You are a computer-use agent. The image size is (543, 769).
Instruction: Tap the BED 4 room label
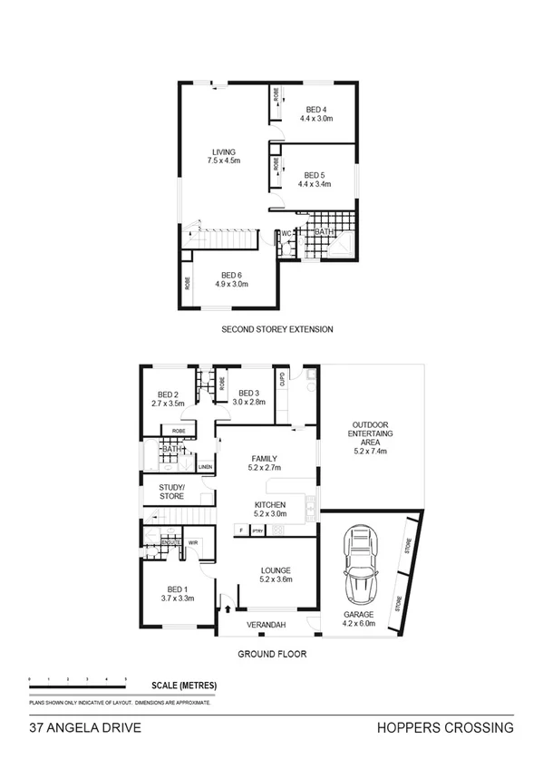(316, 110)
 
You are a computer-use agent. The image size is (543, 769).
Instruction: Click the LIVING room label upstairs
(223, 152)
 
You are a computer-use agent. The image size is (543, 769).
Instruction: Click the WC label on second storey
(286, 233)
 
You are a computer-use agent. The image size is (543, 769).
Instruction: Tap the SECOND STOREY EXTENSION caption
(277, 329)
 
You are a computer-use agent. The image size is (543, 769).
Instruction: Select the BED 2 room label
(167, 394)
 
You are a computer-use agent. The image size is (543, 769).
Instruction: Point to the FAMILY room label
(265, 459)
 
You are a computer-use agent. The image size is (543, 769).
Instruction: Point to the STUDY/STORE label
(171, 492)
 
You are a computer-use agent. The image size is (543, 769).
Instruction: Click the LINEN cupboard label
(206, 468)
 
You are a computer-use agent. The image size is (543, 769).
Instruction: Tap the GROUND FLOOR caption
(272, 653)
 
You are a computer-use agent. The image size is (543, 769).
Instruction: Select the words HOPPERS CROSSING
(445, 727)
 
